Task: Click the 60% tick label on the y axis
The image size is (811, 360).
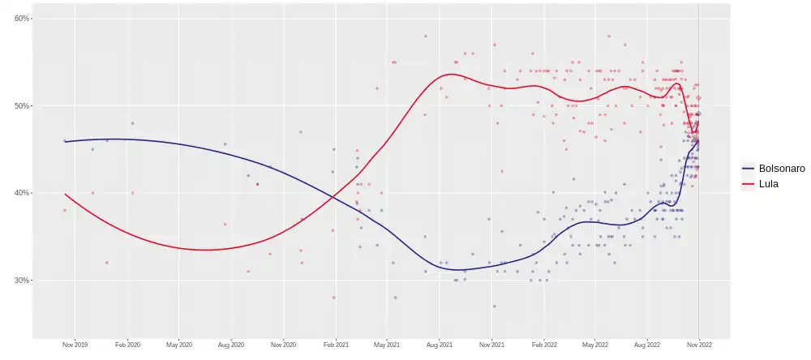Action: (22, 18)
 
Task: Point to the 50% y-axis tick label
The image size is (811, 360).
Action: (22, 105)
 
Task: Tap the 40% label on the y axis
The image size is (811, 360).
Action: (22, 193)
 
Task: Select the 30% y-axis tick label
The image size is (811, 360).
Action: (22, 281)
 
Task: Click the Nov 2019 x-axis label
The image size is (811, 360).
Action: (75, 345)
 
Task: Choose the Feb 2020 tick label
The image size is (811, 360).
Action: (127, 345)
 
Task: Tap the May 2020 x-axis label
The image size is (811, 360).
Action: (179, 345)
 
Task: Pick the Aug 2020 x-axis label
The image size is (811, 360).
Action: (231, 345)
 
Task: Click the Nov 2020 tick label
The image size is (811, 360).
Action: (284, 345)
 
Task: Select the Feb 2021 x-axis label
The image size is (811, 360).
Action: (336, 345)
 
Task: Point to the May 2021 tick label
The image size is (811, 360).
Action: (387, 345)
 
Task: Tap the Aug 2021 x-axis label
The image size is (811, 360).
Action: (440, 345)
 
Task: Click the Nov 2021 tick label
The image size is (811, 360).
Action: (491, 345)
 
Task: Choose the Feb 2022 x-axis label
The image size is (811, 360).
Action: (543, 345)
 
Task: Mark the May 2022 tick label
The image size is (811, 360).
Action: (595, 345)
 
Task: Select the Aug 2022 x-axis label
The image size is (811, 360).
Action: (647, 345)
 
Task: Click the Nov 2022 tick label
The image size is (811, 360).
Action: (699, 345)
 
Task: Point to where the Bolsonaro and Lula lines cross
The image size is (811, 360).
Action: (333, 196)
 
